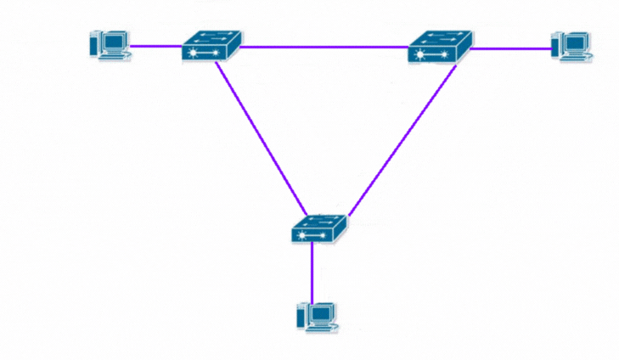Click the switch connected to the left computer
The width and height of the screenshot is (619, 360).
[x=211, y=45]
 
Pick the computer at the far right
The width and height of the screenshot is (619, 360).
[x=571, y=45]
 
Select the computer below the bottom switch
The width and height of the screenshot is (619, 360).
[x=316, y=316]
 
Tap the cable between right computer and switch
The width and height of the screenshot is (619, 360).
[x=510, y=48]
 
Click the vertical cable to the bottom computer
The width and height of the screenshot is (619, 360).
[x=312, y=272]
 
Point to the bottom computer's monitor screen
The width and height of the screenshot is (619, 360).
[x=320, y=312]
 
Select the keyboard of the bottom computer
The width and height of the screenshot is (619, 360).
[x=323, y=328]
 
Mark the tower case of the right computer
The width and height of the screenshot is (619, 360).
[x=556, y=44]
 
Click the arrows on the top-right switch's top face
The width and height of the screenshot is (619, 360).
[x=441, y=37]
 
